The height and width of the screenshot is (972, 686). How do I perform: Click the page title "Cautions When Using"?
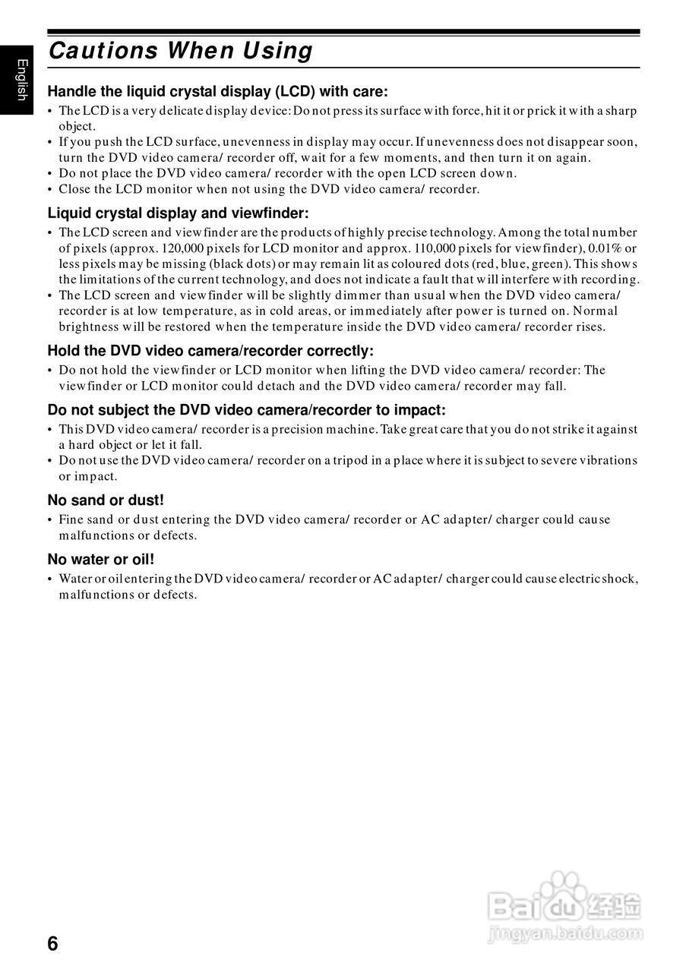(180, 51)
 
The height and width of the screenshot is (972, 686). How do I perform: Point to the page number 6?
(52, 944)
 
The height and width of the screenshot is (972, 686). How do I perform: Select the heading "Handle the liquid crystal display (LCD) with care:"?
(217, 92)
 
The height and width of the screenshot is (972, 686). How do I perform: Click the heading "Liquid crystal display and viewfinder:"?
(178, 213)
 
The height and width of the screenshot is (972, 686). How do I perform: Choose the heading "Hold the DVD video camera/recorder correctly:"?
(210, 351)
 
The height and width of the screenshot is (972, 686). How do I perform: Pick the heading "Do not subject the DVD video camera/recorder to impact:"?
(246, 410)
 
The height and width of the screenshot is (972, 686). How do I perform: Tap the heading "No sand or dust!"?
(106, 500)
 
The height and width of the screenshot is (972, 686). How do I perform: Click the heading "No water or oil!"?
(101, 560)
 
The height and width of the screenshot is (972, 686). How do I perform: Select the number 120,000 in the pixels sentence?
(185, 248)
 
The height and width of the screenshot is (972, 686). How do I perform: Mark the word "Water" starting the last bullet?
(74, 579)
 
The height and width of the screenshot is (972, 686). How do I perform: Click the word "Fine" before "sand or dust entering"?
(71, 520)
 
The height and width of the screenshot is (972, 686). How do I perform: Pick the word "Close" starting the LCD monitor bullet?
(74, 189)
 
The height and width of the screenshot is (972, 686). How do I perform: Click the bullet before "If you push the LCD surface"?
(50, 142)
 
